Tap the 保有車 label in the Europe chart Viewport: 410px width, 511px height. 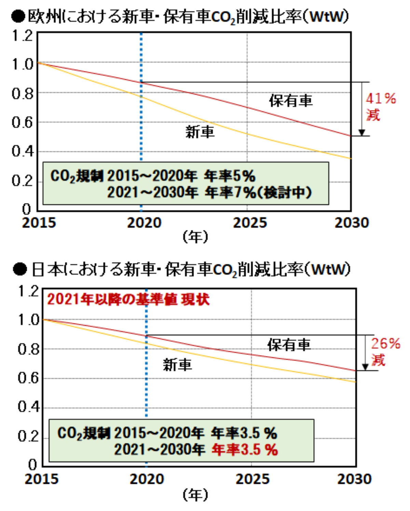(x=290, y=101)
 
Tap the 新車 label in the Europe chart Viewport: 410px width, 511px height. (x=200, y=132)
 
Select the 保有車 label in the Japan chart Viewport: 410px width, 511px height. (x=289, y=344)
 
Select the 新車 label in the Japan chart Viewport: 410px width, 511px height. (x=177, y=365)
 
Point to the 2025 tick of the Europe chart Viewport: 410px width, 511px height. (x=250, y=223)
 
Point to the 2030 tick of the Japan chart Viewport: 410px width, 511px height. (x=354, y=479)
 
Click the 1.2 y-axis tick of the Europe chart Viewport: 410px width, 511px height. (x=23, y=35)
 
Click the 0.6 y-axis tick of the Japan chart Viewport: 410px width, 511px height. (x=29, y=378)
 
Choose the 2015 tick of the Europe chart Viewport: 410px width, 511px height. (x=39, y=223)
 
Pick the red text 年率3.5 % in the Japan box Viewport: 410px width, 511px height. (x=244, y=449)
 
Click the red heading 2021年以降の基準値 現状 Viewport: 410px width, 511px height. (x=128, y=300)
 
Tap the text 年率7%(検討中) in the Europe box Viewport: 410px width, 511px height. (x=258, y=193)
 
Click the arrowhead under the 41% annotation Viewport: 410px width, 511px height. (x=362, y=133)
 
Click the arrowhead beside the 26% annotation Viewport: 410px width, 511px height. (x=365, y=367)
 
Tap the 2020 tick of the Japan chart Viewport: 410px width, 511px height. (x=147, y=479)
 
